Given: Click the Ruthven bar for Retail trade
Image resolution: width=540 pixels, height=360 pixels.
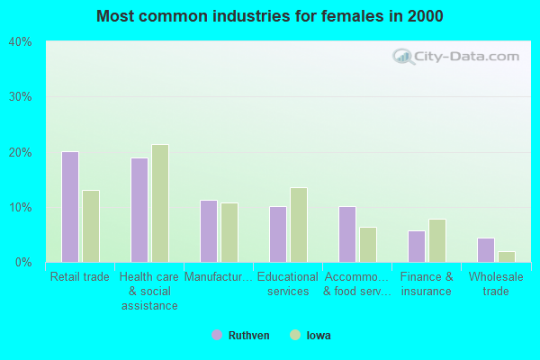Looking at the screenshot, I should (x=69, y=207).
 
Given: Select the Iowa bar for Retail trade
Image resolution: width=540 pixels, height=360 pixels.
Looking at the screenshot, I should (x=91, y=226).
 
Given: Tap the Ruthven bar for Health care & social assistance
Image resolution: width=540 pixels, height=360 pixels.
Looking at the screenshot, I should (x=139, y=210).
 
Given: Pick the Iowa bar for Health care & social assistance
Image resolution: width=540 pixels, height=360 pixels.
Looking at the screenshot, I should (x=160, y=203).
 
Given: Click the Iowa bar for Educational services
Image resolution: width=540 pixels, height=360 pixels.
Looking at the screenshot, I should (x=299, y=225).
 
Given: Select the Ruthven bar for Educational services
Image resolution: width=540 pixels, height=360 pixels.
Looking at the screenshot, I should (x=277, y=234).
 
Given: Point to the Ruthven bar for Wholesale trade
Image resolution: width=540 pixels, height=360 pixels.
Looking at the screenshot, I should (x=485, y=250).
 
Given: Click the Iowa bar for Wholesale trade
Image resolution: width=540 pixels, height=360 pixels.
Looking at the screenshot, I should (x=507, y=256).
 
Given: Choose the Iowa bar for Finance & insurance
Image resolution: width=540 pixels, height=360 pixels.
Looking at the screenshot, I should (x=437, y=240).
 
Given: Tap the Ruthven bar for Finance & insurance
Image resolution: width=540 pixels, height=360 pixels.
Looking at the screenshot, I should (x=416, y=247).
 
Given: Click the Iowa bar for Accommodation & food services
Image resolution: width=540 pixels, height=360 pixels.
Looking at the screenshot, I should (x=368, y=245).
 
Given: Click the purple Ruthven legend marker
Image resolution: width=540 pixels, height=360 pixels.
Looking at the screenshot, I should (x=217, y=335).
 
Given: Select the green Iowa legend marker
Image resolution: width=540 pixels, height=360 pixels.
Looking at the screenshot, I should (x=293, y=335).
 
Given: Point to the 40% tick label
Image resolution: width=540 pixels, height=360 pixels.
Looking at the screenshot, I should (x=21, y=41).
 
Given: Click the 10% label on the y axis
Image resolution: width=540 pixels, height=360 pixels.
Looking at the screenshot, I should (x=21, y=207).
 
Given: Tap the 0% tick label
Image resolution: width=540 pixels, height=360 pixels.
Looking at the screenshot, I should (x=23, y=262).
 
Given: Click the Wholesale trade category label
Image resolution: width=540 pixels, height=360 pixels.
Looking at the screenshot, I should (x=496, y=284).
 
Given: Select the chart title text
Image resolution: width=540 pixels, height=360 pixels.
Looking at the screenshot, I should (x=270, y=16).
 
